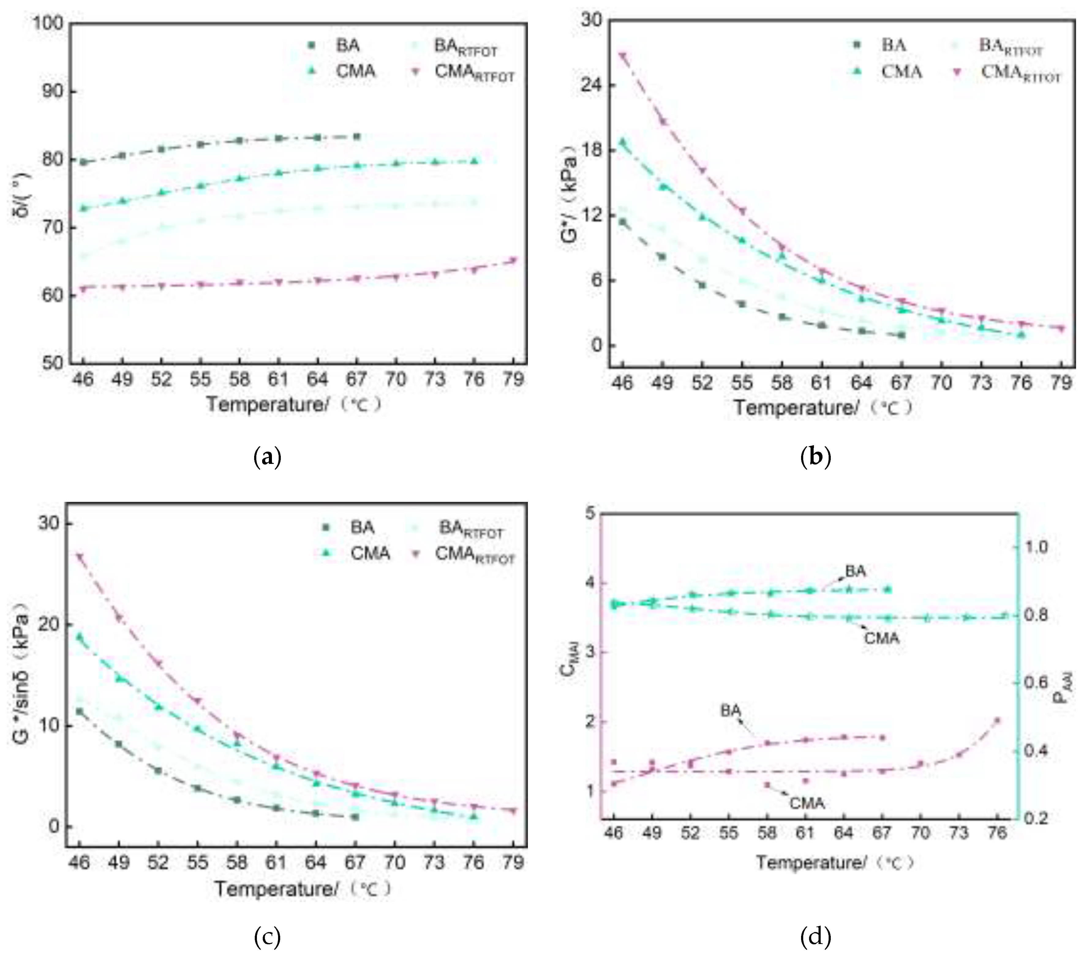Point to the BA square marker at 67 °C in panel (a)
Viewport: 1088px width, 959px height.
coord(357,137)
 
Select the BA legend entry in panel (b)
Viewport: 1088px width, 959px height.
coord(893,46)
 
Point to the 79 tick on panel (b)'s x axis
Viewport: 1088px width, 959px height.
coord(1061,383)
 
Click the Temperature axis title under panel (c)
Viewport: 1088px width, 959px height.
coord(302,889)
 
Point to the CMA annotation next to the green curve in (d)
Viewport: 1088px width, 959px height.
coord(882,637)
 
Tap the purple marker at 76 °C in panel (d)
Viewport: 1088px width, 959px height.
coord(997,720)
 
